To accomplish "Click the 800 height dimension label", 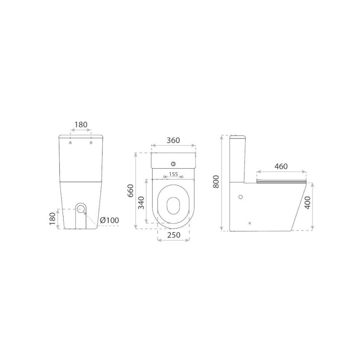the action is coord(216,181).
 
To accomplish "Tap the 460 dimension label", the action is coord(281,166).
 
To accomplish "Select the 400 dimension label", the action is coord(308,202).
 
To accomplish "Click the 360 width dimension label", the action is coord(173,140).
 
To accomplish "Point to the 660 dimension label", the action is coord(130,190).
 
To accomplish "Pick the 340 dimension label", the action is coord(141,203).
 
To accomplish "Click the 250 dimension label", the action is coord(174,235).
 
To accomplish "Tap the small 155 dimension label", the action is coord(173,174).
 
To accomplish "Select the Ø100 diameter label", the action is coord(109,220).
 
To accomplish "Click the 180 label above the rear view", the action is coord(81,125).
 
